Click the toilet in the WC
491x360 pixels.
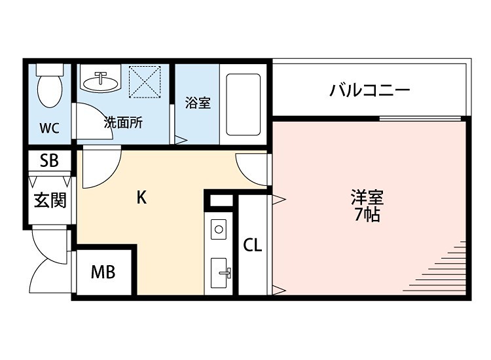click(x=48, y=88)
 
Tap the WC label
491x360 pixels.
click(x=49, y=128)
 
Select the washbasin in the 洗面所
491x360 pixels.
click(x=101, y=81)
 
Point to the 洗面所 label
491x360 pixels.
click(x=124, y=122)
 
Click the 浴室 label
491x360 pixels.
click(x=198, y=103)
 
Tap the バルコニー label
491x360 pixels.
click(x=371, y=90)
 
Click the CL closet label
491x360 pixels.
click(x=253, y=245)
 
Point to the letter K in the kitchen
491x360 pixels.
click(x=141, y=198)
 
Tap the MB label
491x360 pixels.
click(x=103, y=272)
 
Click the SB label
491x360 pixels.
click(x=49, y=161)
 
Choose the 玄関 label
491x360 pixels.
click(x=50, y=200)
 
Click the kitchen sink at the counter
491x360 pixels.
click(x=220, y=271)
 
